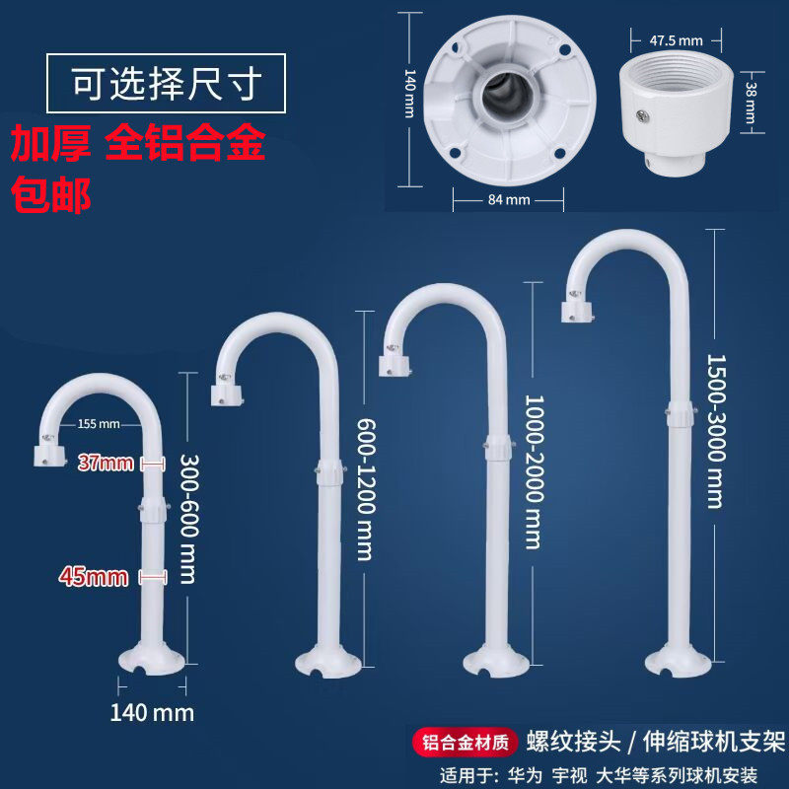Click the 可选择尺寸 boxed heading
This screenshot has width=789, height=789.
tap(166, 84)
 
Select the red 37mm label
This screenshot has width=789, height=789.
tap(106, 463)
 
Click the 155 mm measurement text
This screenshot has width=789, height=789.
tap(98, 425)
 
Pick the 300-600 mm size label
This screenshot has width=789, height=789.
tap(189, 518)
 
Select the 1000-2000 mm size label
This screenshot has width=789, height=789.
tap(533, 472)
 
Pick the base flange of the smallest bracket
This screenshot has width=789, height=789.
tap(151, 657)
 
